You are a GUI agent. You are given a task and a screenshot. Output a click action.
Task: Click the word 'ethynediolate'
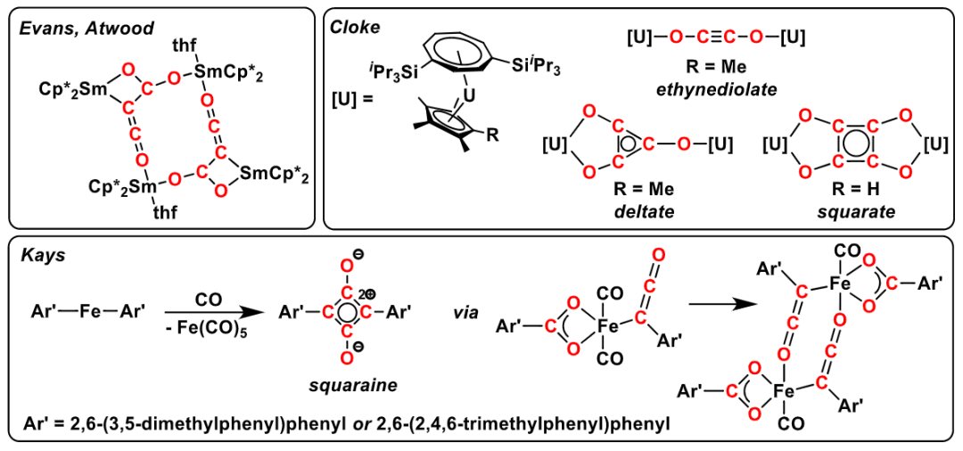pos(714,89)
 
